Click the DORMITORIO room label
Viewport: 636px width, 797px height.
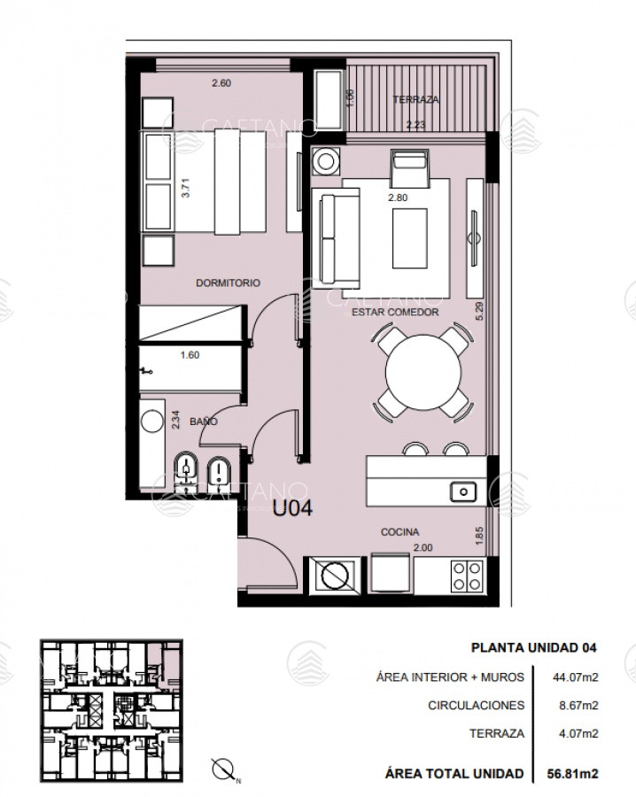(228, 283)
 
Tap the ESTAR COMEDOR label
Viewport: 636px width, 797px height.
(395, 312)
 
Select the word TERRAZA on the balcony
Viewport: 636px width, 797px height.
(415, 99)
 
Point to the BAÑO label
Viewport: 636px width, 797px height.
(204, 422)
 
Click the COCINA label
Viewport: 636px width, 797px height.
(400, 532)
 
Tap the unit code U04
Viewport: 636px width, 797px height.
(292, 508)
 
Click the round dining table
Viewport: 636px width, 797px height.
(423, 373)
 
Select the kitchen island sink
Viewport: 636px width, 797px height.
(462, 492)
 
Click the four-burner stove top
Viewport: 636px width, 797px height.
(467, 576)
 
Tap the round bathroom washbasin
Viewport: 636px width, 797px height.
(152, 422)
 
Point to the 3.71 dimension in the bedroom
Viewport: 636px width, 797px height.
(185, 188)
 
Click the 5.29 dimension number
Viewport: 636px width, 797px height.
(479, 311)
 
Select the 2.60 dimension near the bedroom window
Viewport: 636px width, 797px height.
(221, 83)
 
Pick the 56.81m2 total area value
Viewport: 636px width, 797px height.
(572, 774)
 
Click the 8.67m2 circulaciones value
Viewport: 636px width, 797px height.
(576, 706)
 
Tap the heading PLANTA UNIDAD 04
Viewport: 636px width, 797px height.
(534, 647)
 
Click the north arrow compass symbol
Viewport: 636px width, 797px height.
(224, 769)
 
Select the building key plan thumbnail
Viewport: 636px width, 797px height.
(112, 711)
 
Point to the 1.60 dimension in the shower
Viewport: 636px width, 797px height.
(190, 355)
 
